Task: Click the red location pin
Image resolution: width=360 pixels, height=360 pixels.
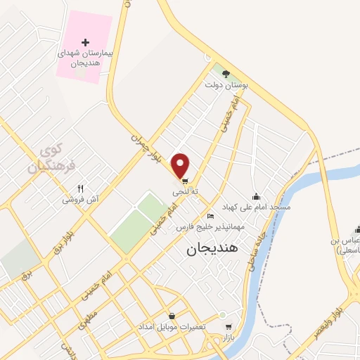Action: [181, 165]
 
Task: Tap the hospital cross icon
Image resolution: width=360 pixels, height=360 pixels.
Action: [86, 43]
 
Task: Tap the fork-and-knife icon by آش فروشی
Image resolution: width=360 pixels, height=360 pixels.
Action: [80, 188]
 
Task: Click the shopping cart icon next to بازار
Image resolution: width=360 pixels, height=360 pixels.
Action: [228, 326]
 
